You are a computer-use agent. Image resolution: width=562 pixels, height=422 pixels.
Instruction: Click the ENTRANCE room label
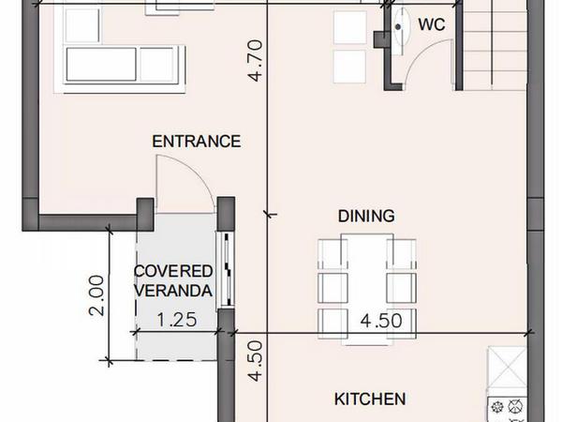click(196, 142)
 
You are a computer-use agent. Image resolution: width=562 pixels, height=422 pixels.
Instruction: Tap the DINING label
click(366, 216)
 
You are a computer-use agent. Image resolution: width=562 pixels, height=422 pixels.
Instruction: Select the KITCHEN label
click(370, 399)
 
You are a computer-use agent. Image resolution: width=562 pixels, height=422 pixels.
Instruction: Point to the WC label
click(432, 24)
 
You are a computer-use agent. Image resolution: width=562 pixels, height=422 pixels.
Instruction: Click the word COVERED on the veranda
click(173, 271)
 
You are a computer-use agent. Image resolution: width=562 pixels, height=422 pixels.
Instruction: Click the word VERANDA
click(173, 291)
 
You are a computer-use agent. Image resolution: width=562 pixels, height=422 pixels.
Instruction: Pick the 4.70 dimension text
click(256, 60)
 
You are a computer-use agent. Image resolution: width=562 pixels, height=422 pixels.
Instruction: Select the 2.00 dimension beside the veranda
click(96, 295)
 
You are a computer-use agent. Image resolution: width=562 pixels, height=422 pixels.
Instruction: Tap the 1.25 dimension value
click(177, 320)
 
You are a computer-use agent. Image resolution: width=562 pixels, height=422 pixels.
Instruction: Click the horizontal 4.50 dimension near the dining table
click(381, 321)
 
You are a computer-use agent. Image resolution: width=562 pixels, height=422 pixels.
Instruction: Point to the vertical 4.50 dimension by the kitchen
click(256, 361)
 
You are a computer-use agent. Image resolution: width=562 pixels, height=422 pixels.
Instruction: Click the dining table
click(367, 289)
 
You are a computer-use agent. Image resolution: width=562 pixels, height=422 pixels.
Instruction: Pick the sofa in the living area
click(124, 65)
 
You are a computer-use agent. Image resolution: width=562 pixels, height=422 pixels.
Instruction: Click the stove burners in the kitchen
click(507, 408)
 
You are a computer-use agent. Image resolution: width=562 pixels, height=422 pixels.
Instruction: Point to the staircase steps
click(495, 45)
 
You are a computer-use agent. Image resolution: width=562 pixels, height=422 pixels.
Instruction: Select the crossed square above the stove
click(507, 367)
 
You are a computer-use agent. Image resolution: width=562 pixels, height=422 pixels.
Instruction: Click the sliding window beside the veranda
click(227, 270)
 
